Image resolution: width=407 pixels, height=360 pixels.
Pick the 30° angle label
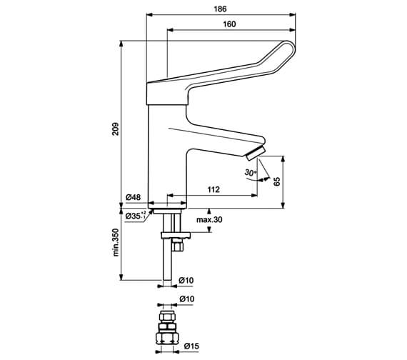pos(249,173)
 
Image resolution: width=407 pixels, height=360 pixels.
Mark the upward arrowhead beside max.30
pos(209,211)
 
